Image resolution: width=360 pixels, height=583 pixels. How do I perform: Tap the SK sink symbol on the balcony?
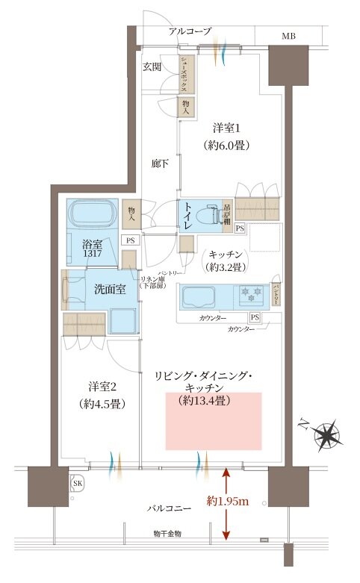click(x=77, y=484)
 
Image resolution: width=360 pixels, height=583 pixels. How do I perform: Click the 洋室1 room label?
click(x=227, y=128)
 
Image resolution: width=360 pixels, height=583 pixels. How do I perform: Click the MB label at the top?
click(x=288, y=35)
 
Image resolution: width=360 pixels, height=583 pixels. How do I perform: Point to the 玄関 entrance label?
click(x=152, y=66)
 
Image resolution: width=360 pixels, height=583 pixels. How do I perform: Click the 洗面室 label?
click(x=109, y=288)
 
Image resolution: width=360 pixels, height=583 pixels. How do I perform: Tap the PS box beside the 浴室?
click(x=130, y=240)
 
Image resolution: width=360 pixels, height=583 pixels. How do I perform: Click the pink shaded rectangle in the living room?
click(x=213, y=421)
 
